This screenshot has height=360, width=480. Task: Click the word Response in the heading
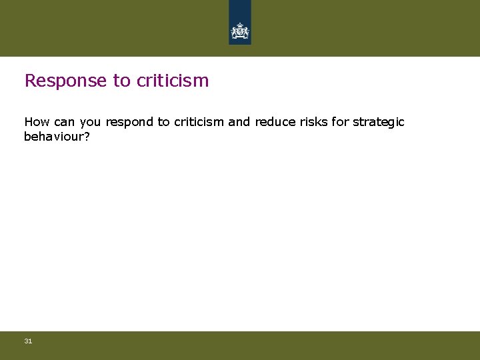tap(65, 81)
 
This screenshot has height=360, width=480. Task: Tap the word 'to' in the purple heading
tap(121, 81)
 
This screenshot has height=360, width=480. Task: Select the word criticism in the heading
tap(173, 81)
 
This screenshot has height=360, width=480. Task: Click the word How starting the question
tap(37, 122)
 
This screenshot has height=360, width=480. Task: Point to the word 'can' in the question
tap(64, 122)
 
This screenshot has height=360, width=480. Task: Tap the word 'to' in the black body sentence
tap(163, 122)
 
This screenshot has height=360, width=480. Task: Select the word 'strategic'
tap(378, 122)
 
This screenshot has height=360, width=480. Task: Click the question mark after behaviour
tap(87, 136)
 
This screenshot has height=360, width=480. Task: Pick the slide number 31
tap(28, 341)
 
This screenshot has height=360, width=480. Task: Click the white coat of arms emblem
tap(240, 31)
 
